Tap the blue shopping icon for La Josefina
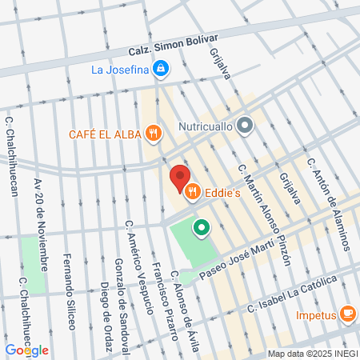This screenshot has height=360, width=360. coord(161,69)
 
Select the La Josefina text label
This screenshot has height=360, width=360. coord(121,70)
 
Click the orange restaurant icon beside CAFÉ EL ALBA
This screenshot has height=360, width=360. coord(153,133)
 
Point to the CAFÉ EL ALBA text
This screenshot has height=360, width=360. coord(105,134)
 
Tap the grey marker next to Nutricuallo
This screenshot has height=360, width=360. coord(245,125)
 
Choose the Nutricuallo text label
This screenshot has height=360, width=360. coord(201,126)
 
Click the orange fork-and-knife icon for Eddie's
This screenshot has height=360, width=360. coord(192,192)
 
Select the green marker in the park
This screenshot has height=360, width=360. coord(202,228)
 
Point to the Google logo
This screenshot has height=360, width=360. coord(26,350)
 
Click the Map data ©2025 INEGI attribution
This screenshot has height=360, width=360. coord(310,354)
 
